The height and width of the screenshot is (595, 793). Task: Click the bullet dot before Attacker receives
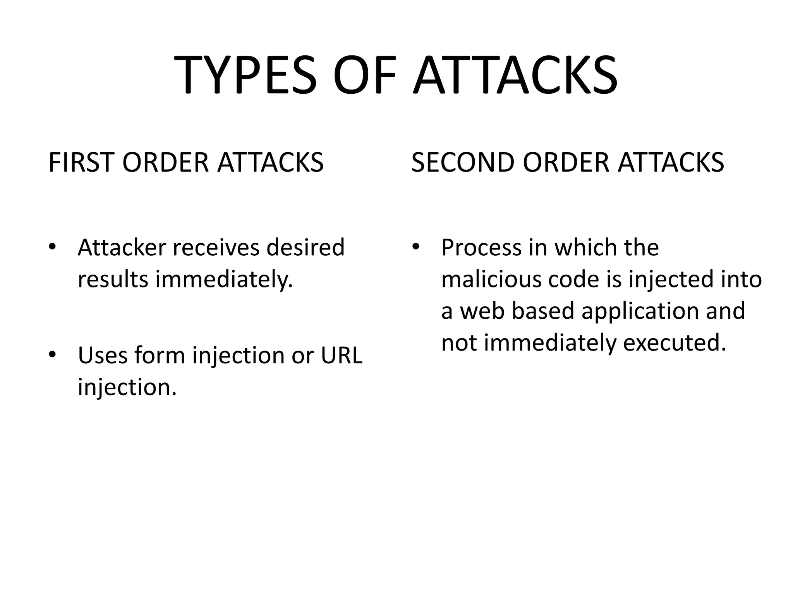click(x=53, y=247)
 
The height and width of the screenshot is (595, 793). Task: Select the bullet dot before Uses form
click(x=53, y=354)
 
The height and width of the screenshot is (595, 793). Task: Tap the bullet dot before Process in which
click(x=416, y=247)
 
